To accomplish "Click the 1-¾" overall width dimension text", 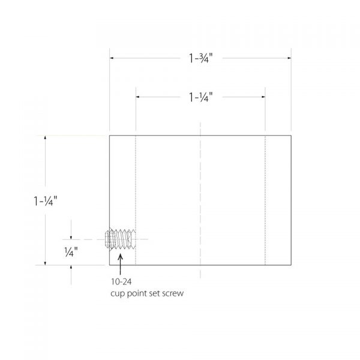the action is (x=200, y=58).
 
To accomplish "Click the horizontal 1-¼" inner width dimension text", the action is (x=200, y=97).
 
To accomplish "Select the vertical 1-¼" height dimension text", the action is (x=45, y=201).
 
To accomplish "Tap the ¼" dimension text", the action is (x=71, y=252).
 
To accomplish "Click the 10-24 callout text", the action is (x=121, y=282).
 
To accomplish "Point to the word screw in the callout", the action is (x=173, y=293).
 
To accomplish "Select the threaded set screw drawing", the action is (x=120, y=239).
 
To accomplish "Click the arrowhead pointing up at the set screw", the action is (x=120, y=257).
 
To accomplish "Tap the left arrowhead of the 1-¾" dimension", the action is (x=112, y=58).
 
